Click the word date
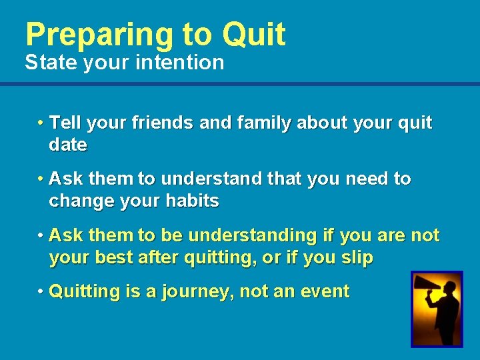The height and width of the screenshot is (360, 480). coord(68,145)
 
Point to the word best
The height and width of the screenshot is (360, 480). coord(111,257)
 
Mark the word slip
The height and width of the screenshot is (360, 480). coord(357,257)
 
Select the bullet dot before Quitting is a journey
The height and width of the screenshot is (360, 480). coord(41,291)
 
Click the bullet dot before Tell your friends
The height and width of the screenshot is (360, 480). coord(41,123)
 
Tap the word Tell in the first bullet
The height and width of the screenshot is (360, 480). coord(65,123)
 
